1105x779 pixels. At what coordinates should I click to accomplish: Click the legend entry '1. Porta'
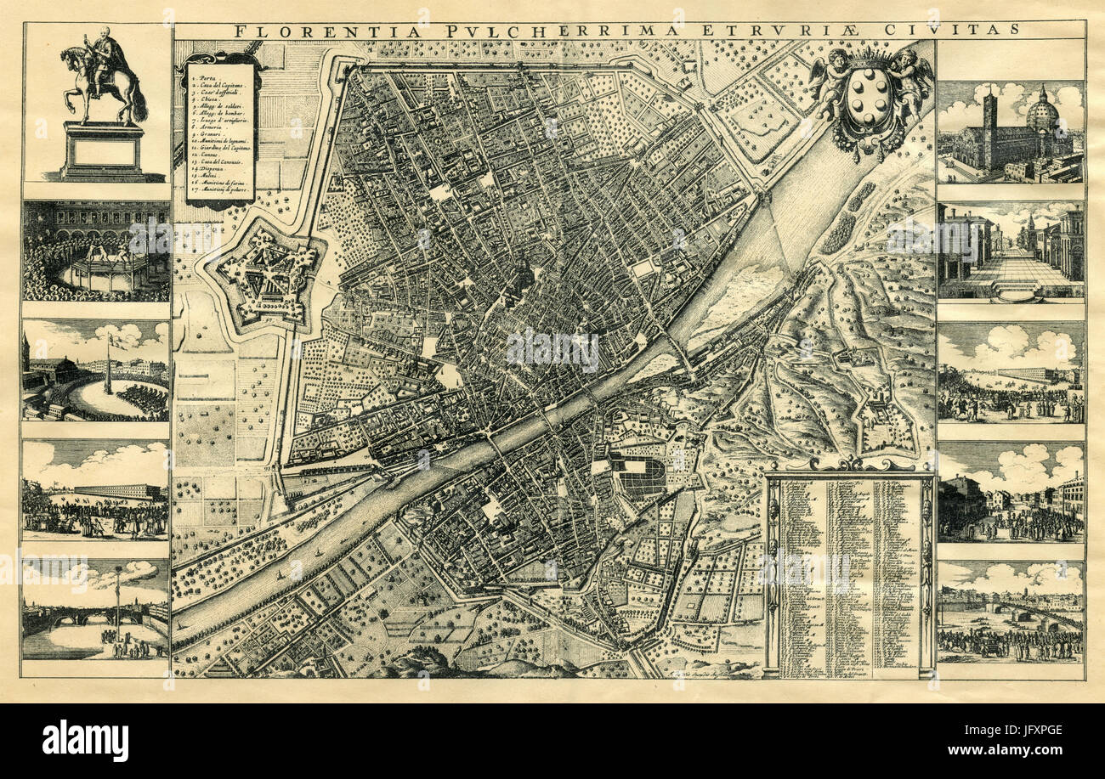(207, 77)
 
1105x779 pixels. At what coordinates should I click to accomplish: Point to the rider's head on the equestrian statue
(104, 34)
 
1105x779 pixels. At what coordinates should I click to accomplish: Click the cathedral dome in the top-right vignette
(1044, 111)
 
